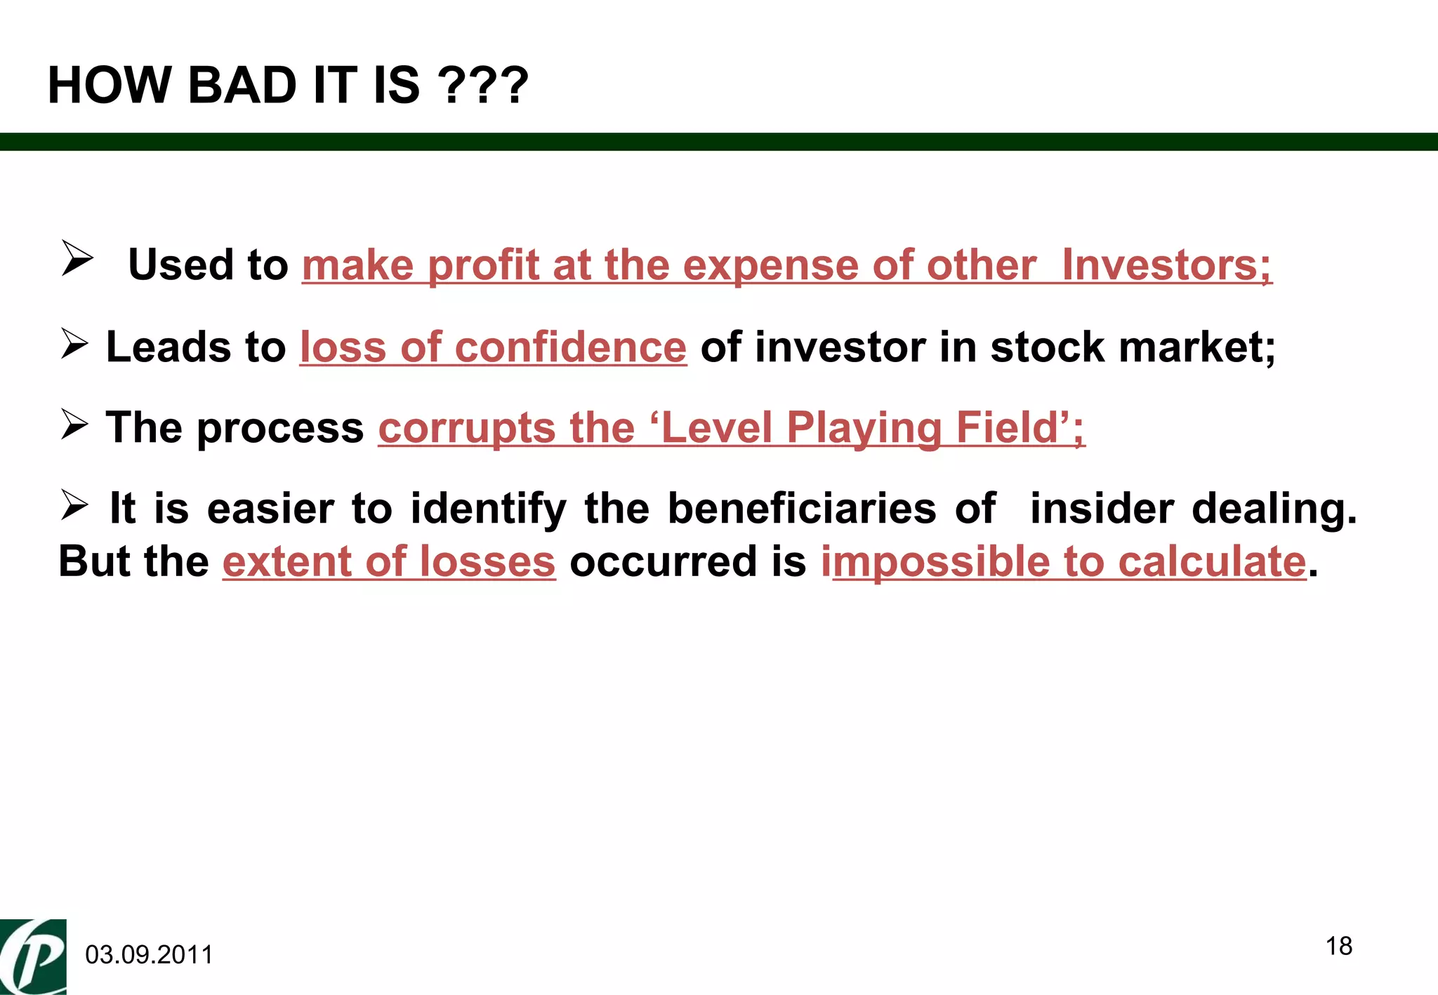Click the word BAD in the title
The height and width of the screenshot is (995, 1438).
coord(243,86)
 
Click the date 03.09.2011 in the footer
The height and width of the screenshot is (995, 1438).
coord(149,955)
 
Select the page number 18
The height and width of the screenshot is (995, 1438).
coord(1339,946)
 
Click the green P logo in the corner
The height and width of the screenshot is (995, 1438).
coord(33,956)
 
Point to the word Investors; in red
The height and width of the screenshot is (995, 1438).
coord(1166,265)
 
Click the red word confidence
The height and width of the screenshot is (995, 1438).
coord(570,347)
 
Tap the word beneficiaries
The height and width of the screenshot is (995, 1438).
coord(802,508)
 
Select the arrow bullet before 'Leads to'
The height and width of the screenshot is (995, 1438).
coord(74,344)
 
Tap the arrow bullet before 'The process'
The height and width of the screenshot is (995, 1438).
coord(74,425)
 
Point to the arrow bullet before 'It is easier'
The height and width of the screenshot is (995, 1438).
coord(74,505)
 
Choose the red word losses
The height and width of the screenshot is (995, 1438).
coord(487,561)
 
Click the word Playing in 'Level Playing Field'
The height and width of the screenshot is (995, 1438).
coord(864,428)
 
